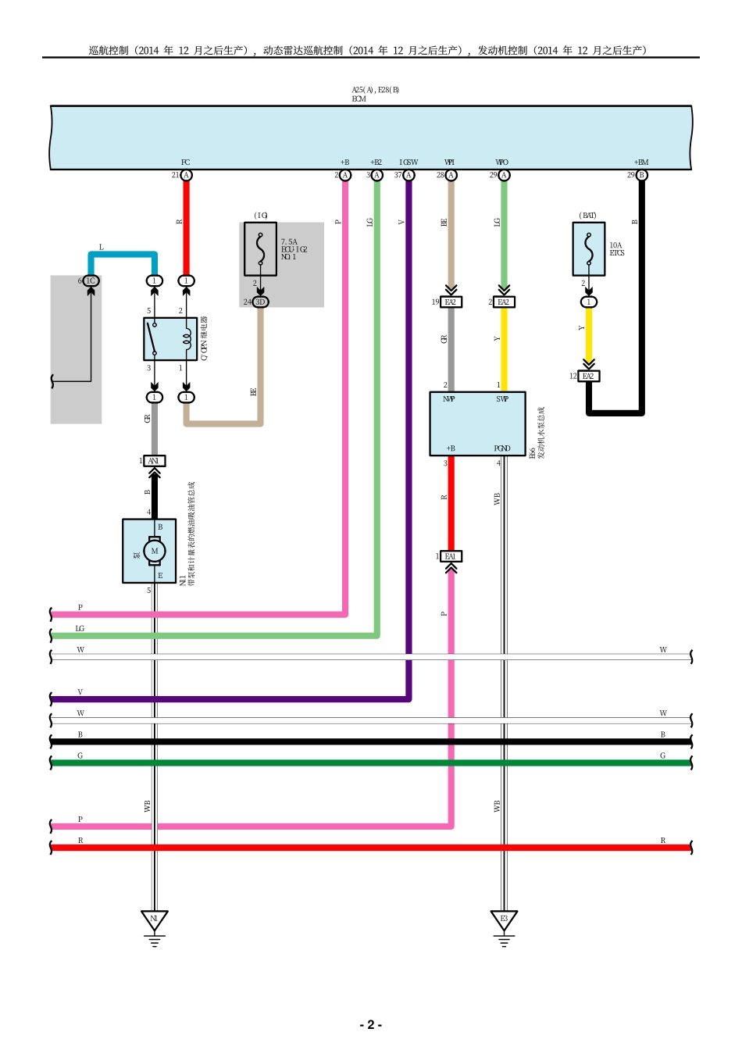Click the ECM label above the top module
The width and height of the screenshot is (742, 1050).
[359, 99]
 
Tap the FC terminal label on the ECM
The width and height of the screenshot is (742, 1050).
[185, 162]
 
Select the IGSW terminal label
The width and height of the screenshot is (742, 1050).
[408, 162]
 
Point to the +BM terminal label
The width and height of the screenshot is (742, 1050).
[640, 162]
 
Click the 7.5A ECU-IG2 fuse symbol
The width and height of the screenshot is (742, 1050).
[260, 249]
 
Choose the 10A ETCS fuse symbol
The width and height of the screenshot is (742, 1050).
[588, 249]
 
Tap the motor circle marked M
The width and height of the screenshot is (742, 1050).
[155, 551]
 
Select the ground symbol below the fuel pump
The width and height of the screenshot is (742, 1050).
[154, 922]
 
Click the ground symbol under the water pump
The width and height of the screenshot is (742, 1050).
[504, 922]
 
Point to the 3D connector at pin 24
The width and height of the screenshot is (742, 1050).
[260, 302]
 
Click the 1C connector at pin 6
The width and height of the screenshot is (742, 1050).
[91, 280]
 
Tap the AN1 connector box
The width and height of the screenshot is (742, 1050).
[154, 461]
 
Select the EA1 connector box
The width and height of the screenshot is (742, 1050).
[450, 556]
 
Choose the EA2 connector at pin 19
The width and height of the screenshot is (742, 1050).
[450, 302]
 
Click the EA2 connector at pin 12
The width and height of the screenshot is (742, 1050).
[588, 376]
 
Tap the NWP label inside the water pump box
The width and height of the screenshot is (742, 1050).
[449, 399]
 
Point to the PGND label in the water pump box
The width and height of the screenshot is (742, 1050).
[502, 448]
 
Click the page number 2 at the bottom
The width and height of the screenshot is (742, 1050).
[370, 1024]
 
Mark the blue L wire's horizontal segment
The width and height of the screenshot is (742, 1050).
[123, 255]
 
